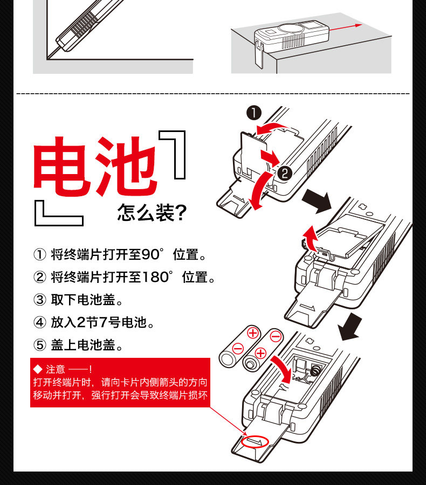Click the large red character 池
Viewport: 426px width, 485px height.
point(126,167)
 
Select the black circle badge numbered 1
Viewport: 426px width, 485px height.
point(254,113)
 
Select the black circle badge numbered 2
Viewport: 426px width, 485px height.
point(285,173)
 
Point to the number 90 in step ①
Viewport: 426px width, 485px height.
point(150,254)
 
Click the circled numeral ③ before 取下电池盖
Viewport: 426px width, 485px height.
point(39,300)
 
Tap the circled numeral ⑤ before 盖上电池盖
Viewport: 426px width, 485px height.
point(39,345)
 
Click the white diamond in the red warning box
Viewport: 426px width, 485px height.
point(38,369)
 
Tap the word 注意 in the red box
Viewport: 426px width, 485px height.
point(56,369)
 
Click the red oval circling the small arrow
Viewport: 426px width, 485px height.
point(255,442)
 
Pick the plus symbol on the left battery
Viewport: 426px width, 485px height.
point(253,333)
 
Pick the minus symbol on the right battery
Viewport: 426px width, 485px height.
point(276,336)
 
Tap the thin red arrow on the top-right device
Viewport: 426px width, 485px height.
point(345,27)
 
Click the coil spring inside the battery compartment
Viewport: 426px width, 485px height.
point(315,370)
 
